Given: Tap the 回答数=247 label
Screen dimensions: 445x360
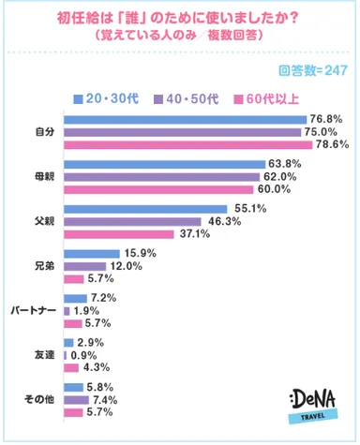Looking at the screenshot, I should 314,72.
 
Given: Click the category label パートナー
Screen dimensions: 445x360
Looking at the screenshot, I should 35,310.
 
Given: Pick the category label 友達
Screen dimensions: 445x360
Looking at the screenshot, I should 43,354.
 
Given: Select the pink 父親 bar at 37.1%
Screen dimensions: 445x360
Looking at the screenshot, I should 117,234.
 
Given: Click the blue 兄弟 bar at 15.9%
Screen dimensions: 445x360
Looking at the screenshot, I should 90,253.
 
